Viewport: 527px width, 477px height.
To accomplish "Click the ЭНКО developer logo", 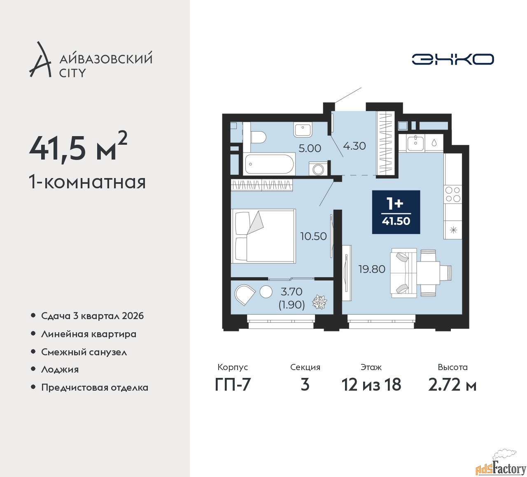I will [452, 59].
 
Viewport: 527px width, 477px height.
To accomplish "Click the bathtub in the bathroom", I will [270, 164].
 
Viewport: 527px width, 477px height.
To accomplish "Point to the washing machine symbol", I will [317, 169].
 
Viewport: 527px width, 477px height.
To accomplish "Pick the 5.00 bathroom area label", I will [310, 148].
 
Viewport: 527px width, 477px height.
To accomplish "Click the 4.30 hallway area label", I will [354, 146].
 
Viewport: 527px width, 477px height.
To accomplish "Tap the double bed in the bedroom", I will [263, 236].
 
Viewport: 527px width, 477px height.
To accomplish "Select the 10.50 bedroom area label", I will [313, 236].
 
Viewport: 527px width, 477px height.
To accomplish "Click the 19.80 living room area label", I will [372, 269].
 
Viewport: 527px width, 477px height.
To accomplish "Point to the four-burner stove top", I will [453, 194].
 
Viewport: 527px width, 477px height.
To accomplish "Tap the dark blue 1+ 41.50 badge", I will [396, 212].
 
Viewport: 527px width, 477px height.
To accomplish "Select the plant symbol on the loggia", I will [319, 302].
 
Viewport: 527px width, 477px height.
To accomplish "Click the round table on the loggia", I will [266, 292].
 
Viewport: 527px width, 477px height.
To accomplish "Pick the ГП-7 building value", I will [233, 385].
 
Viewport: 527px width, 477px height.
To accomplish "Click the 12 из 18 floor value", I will [371, 385].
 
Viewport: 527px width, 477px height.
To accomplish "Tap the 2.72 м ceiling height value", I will [452, 385].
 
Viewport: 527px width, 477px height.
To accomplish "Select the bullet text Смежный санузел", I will [84, 352].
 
